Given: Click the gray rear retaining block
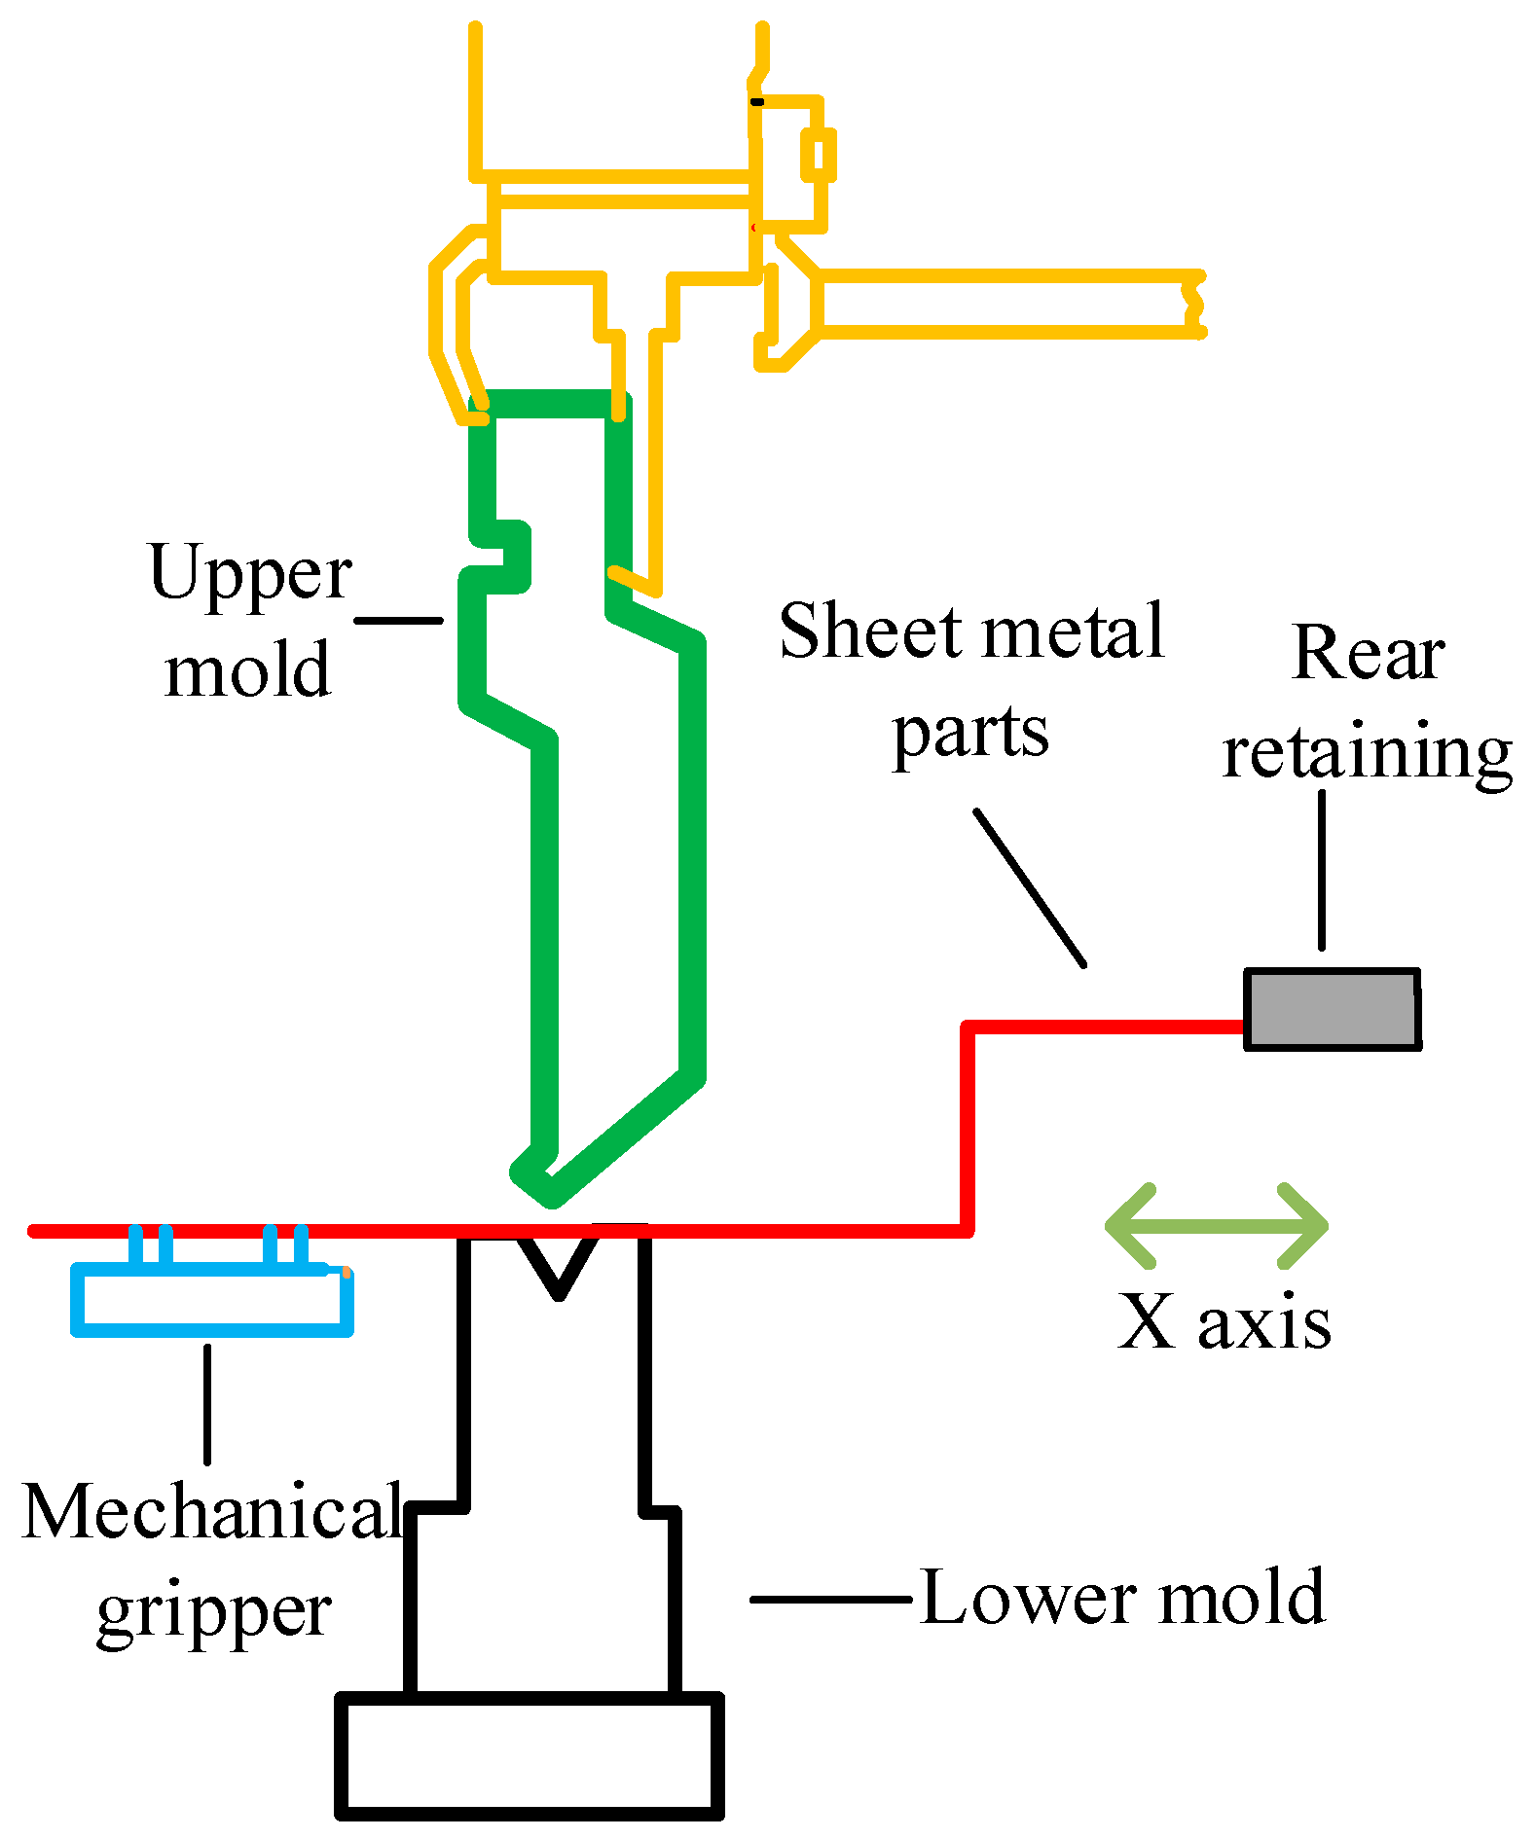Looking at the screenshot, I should (x=1332, y=1009).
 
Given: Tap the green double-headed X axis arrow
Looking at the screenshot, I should (x=1217, y=1226).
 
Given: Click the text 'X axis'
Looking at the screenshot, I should (x=1224, y=1322).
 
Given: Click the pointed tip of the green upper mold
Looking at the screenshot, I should (x=550, y=1195).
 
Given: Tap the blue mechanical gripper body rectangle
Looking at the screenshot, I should (x=212, y=1300).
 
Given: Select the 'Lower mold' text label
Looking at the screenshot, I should (x=1121, y=1598).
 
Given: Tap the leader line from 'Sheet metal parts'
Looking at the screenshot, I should (x=1030, y=887).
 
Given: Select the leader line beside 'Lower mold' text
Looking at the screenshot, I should (x=829, y=1599).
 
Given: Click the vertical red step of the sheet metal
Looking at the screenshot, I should (x=968, y=1129).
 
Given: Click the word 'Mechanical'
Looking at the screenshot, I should (x=212, y=1511).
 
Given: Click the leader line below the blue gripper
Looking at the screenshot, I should (x=207, y=1403).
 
